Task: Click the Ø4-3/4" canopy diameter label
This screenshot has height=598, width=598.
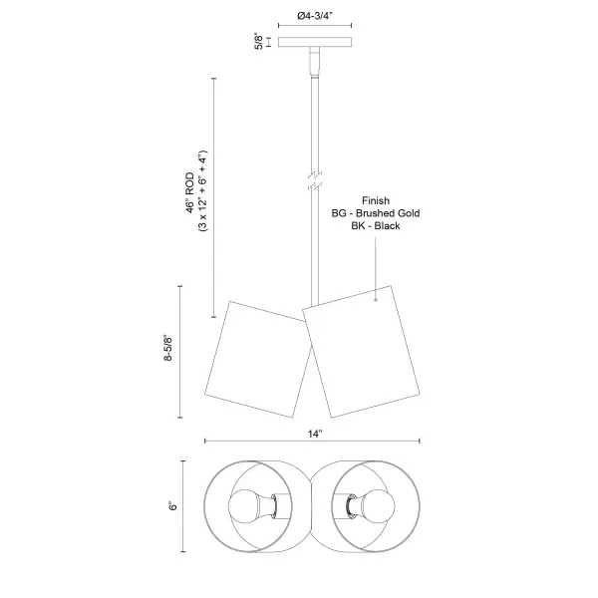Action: point(315,16)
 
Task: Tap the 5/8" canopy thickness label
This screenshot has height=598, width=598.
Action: point(258,42)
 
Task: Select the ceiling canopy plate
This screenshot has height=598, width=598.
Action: point(315,42)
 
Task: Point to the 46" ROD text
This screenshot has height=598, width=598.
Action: point(190,192)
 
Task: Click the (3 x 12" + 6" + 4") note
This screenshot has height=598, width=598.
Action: point(202,190)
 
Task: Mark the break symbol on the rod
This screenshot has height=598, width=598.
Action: point(315,180)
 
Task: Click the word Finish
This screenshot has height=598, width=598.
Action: point(376,200)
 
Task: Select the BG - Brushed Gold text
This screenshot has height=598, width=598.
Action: point(376,213)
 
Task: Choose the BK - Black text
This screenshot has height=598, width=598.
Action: point(376,226)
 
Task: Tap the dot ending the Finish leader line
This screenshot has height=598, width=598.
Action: point(376,300)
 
